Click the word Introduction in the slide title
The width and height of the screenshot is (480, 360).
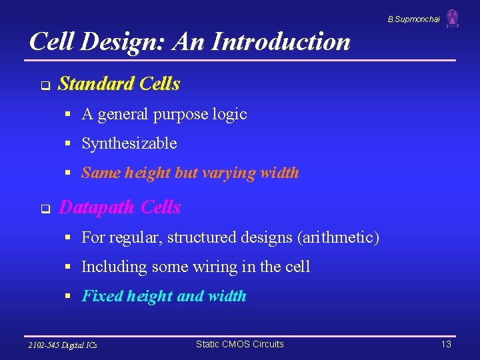[x=281, y=42]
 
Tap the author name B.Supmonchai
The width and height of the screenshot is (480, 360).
[x=413, y=19]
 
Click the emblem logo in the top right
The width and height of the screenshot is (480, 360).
[x=453, y=19]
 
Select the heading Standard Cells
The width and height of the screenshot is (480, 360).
[x=119, y=84]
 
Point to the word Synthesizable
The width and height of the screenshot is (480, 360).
[x=129, y=143]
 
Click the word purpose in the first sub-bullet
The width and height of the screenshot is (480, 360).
[x=181, y=115]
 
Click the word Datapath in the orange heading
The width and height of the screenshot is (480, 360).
[x=97, y=207]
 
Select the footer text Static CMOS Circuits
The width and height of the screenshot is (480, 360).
[x=239, y=344]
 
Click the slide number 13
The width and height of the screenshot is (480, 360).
[x=446, y=344]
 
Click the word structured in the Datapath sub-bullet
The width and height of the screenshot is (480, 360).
[x=201, y=237]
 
